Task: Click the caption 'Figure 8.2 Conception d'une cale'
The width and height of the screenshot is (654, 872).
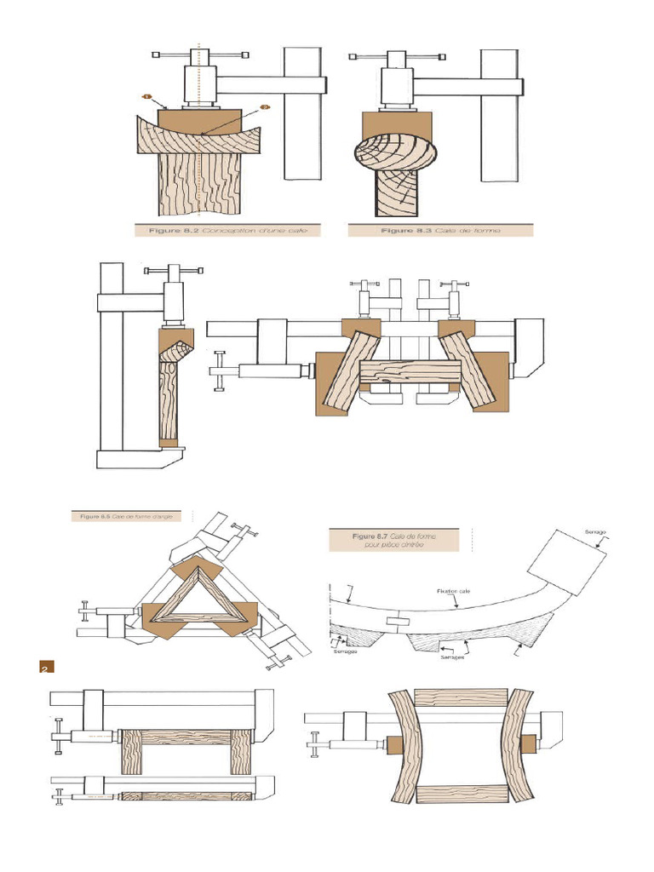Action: (x=228, y=230)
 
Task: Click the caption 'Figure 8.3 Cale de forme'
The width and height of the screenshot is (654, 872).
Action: (x=440, y=230)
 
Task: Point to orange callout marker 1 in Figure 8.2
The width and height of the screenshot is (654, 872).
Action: (x=146, y=98)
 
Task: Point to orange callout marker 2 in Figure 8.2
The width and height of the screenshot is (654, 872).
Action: (x=264, y=107)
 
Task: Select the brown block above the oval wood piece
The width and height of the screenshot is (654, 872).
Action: (x=396, y=121)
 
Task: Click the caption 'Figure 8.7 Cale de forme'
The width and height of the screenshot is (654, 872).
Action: (x=393, y=540)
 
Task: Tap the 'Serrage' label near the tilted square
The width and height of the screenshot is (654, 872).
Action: (x=594, y=532)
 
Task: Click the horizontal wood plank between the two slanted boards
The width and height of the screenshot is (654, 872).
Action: (x=409, y=372)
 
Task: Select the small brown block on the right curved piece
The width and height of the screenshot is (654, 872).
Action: (x=530, y=742)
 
